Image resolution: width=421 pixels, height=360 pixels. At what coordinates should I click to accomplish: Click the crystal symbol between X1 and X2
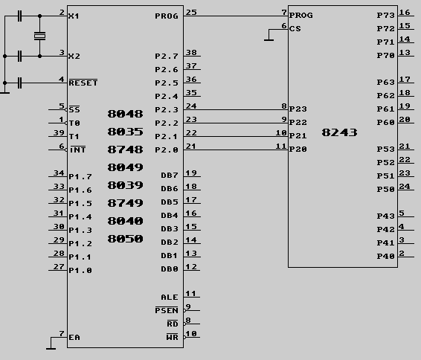click(x=39, y=36)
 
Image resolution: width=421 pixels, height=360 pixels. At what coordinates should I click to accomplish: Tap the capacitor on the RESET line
click(x=19, y=83)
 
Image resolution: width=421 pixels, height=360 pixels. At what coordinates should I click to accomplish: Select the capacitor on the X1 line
click(x=19, y=16)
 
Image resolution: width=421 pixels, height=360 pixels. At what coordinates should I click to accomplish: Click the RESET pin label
click(x=83, y=83)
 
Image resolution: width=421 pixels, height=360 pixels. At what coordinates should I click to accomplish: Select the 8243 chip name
click(x=339, y=132)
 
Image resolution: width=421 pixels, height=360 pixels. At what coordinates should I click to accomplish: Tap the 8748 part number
click(x=125, y=150)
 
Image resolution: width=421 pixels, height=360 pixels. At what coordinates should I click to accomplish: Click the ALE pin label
click(x=170, y=298)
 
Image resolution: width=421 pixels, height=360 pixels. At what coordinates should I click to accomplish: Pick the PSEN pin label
click(x=167, y=310)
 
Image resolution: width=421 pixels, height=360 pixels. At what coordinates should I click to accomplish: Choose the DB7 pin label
click(x=170, y=176)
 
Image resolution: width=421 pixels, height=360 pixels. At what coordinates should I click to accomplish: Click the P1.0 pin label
click(x=80, y=270)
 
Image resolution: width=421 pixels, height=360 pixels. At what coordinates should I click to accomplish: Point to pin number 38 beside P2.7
click(x=191, y=52)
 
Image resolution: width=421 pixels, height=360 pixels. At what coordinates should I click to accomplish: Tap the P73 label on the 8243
click(x=385, y=16)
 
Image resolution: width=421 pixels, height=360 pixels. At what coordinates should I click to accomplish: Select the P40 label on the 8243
click(x=385, y=256)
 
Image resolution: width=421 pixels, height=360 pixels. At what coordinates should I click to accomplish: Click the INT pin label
click(x=77, y=150)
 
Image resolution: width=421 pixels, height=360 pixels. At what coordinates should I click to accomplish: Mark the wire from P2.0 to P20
click(x=236, y=150)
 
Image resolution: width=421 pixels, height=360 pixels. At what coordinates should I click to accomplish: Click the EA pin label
click(x=74, y=337)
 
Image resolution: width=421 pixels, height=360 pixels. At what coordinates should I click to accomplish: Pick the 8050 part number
click(x=125, y=239)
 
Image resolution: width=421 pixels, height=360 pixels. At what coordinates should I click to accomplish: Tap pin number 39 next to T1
click(x=59, y=132)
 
